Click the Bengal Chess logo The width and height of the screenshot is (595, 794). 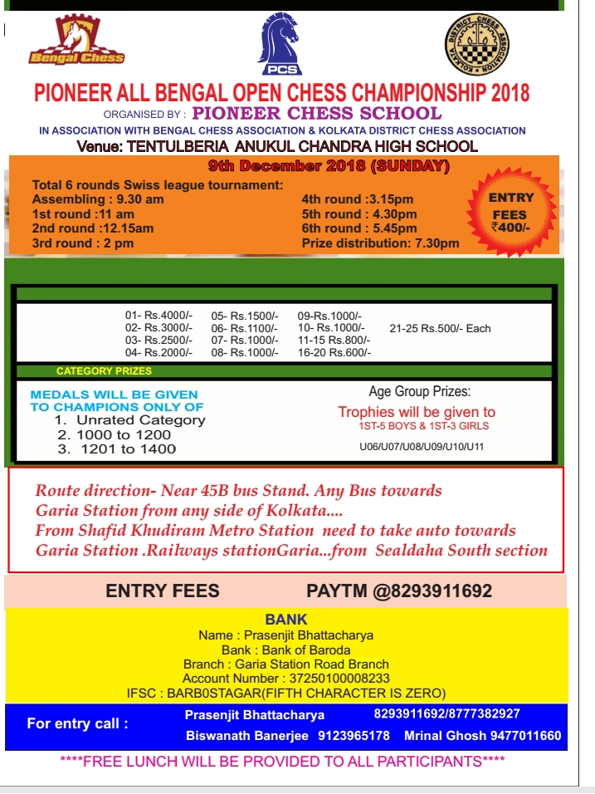pyautogui.click(x=76, y=43)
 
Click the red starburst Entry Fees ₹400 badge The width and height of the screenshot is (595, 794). pyautogui.click(x=511, y=212)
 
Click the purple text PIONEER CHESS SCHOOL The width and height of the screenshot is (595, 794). pyautogui.click(x=316, y=113)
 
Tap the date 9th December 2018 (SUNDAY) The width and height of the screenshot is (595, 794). pyautogui.click(x=329, y=166)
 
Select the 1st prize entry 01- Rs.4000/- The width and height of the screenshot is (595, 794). pyautogui.click(x=159, y=316)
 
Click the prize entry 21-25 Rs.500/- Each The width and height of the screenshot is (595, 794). pyautogui.click(x=440, y=328)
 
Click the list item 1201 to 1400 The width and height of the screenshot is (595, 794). pyautogui.click(x=128, y=448)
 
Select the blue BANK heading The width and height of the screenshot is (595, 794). pyautogui.click(x=286, y=620)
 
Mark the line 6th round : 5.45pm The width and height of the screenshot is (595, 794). pyautogui.click(x=359, y=228)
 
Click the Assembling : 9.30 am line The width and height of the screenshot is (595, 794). pyautogui.click(x=98, y=199)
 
